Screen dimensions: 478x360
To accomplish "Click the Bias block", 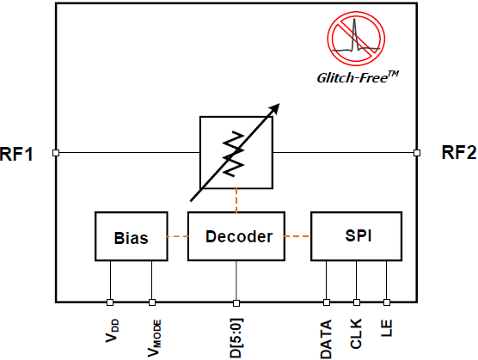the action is pyautogui.click(x=131, y=236).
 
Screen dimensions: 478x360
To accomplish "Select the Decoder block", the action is pyautogui.click(x=236, y=236).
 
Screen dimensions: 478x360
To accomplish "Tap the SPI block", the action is pyautogui.click(x=357, y=236).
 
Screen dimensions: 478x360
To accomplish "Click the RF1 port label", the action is pyautogui.click(x=16, y=154).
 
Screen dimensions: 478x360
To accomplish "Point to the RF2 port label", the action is pyautogui.click(x=459, y=152).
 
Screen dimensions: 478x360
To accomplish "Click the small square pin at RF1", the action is pyautogui.click(x=56, y=153).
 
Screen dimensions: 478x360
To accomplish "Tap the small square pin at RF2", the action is pyautogui.click(x=417, y=153).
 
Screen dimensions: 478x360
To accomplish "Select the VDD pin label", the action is pyautogui.click(x=112, y=331).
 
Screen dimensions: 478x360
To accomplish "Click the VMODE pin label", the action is pyautogui.click(x=154, y=338).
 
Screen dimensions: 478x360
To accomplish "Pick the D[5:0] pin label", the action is pyautogui.click(x=236, y=338).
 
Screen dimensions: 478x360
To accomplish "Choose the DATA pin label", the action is pyautogui.click(x=326, y=339).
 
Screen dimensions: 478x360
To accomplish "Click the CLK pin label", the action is pyautogui.click(x=356, y=334).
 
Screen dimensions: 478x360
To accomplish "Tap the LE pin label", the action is pyautogui.click(x=386, y=328).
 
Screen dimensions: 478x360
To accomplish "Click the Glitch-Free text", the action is pyautogui.click(x=358, y=77).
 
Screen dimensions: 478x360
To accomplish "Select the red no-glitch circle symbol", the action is pyautogui.click(x=356, y=39).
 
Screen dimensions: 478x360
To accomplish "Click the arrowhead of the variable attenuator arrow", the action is pyautogui.click(x=274, y=108).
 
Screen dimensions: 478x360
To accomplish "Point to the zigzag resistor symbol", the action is pyautogui.click(x=234, y=154).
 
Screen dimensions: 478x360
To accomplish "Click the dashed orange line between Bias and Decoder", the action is pyautogui.click(x=177, y=236).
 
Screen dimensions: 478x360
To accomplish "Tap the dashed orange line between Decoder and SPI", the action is pyautogui.click(x=297, y=236).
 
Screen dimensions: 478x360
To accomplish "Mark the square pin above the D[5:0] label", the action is pyautogui.click(x=236, y=303).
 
